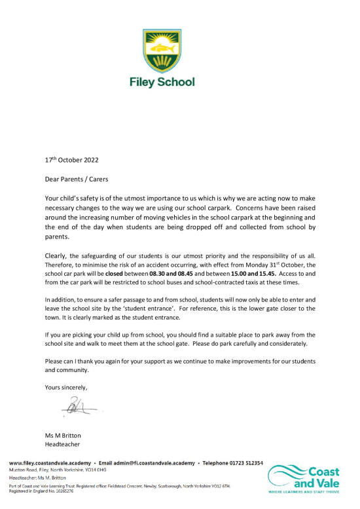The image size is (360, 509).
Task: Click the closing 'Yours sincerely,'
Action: (66, 387)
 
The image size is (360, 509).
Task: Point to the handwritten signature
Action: (78, 408)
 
